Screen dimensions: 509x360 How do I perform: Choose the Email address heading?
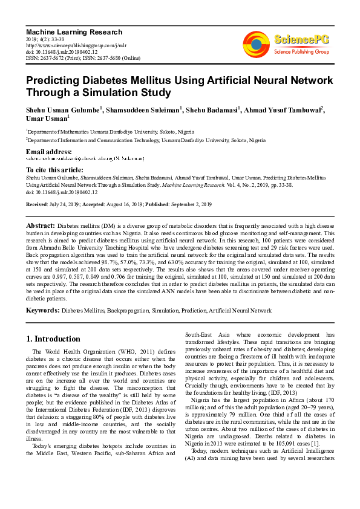pyautogui.click(x=49, y=151)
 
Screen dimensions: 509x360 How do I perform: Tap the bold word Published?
pyautogui.click(x=175, y=205)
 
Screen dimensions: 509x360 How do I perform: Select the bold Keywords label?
pyautogui.click(x=42, y=310)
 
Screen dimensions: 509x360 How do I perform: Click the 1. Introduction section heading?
pyautogui.click(x=54, y=339)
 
